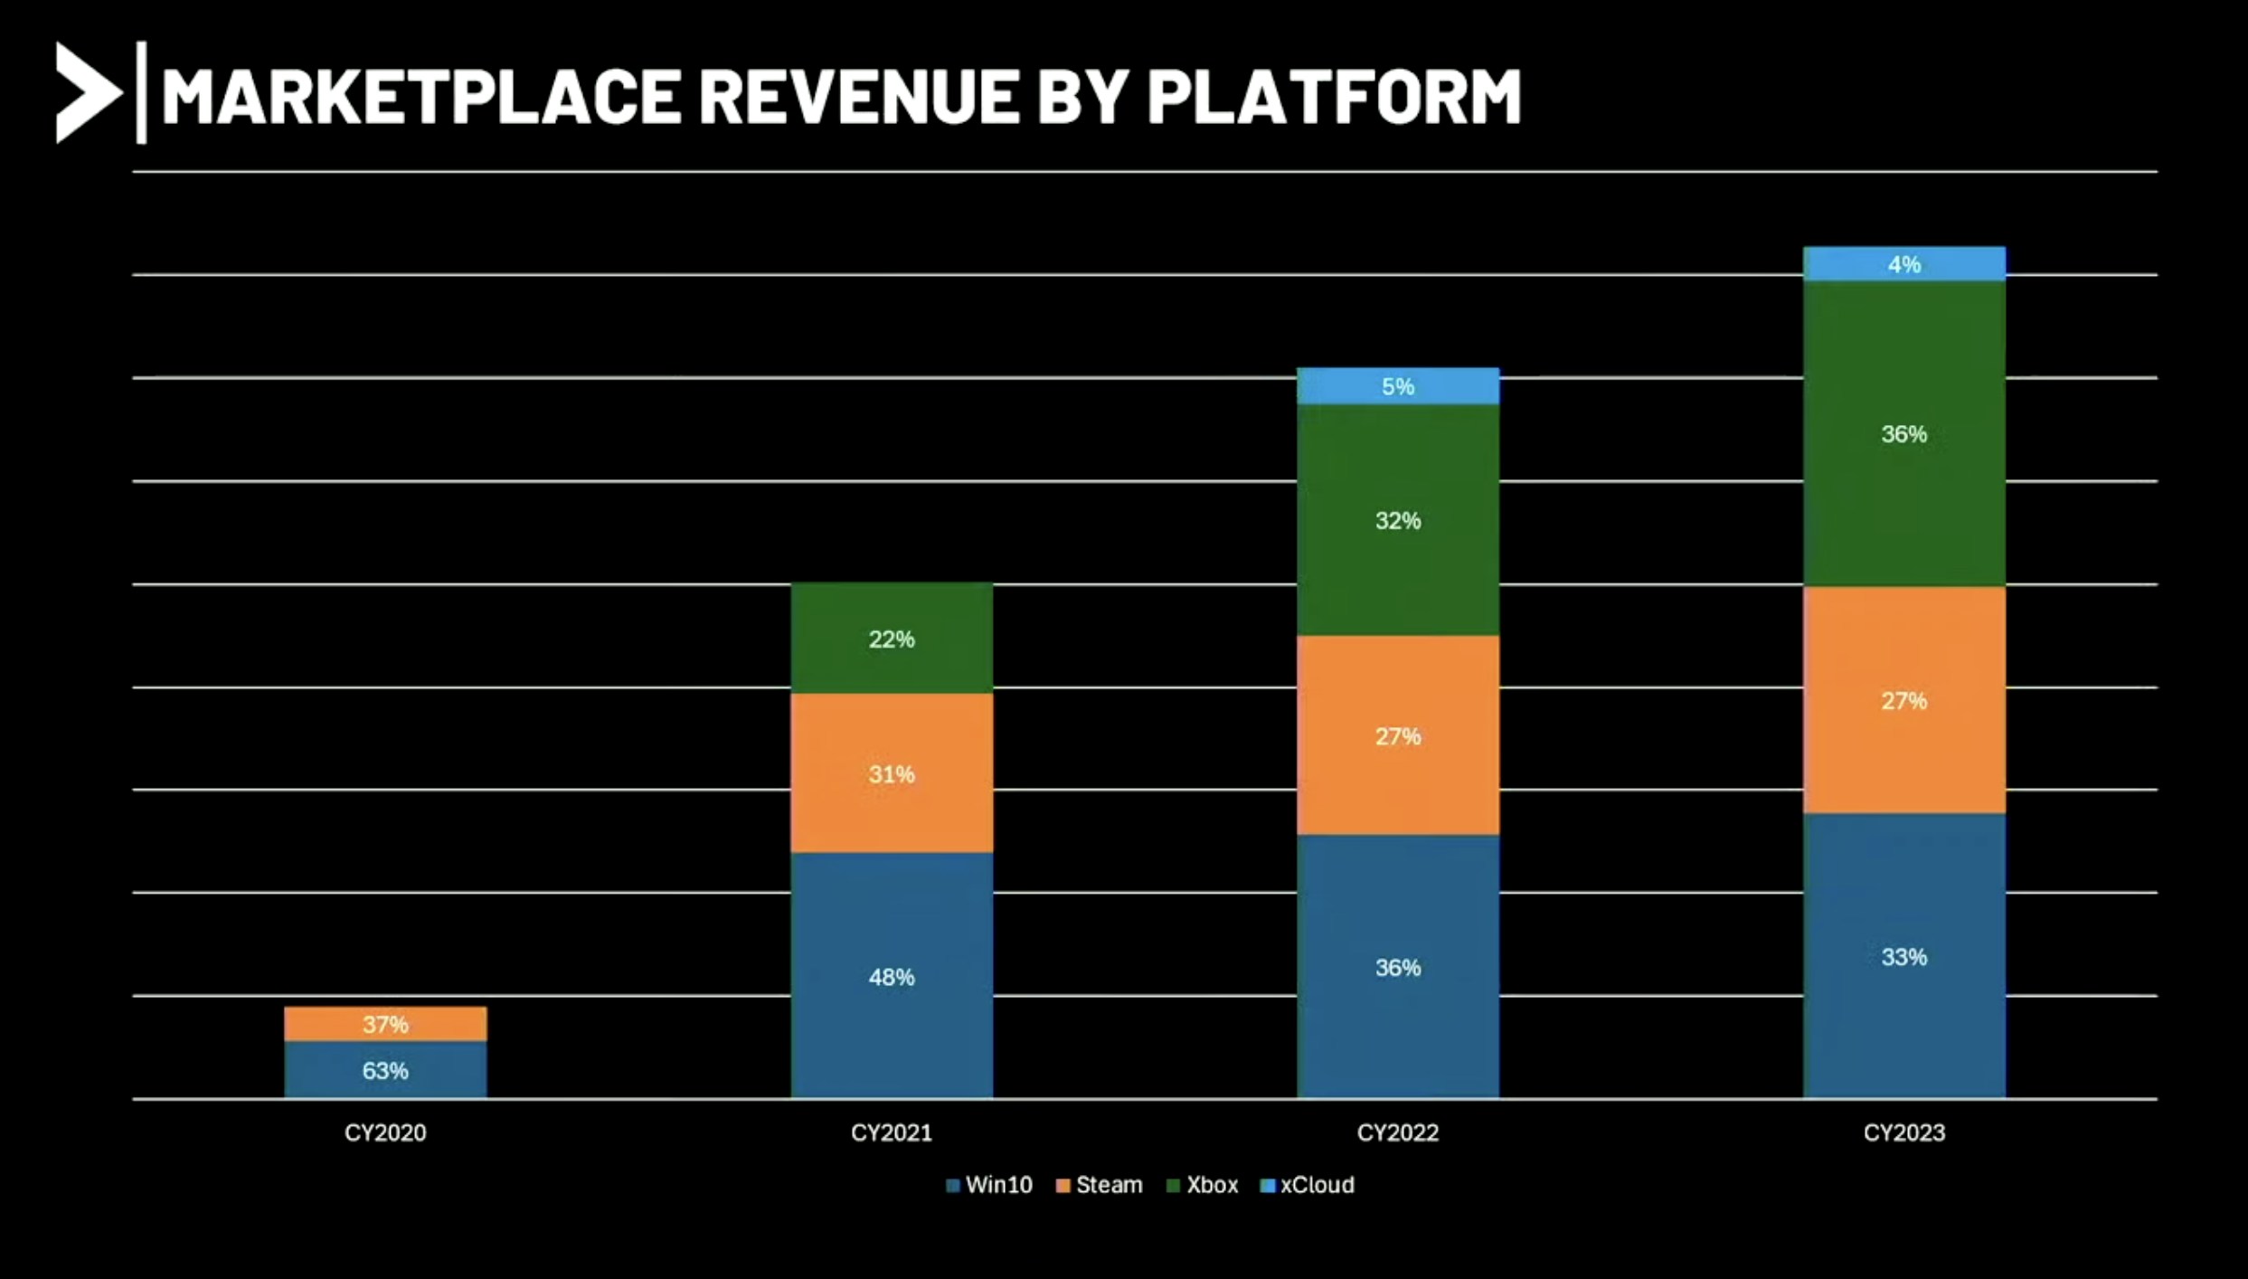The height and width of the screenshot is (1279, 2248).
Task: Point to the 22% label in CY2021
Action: click(x=892, y=639)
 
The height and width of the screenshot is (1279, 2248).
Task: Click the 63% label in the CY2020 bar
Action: click(x=385, y=1071)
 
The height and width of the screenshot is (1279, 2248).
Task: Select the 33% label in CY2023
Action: click(x=1903, y=957)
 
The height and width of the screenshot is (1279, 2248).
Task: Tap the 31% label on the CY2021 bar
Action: click(x=892, y=774)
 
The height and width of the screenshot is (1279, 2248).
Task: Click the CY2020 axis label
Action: click(x=385, y=1132)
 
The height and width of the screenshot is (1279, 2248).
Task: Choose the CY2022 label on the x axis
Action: click(x=1397, y=1132)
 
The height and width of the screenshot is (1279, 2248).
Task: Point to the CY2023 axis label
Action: click(x=1903, y=1132)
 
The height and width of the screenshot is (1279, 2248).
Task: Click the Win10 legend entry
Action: click(x=989, y=1185)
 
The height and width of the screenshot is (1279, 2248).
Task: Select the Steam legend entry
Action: click(x=1100, y=1185)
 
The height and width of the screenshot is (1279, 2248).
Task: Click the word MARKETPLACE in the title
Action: click(x=420, y=96)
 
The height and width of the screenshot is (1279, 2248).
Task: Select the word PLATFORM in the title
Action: click(x=1334, y=96)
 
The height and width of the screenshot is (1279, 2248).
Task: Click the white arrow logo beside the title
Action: click(x=87, y=92)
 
